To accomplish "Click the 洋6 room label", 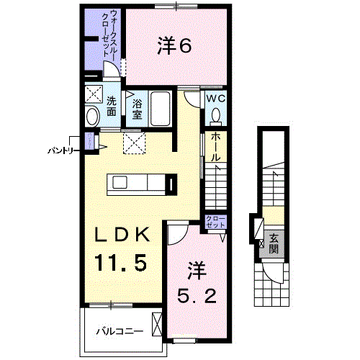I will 174,47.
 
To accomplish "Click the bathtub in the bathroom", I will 161,109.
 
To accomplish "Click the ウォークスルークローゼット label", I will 111,37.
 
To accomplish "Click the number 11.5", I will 122,264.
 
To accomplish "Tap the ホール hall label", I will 216,147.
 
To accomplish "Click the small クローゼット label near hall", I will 215,221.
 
